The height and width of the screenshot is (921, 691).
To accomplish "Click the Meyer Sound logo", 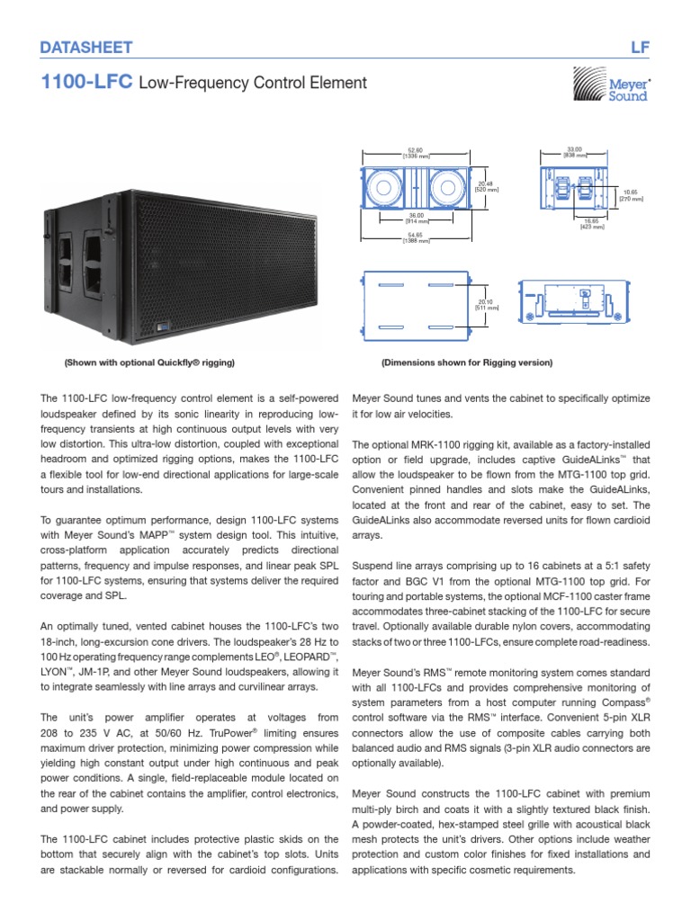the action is click(612, 87).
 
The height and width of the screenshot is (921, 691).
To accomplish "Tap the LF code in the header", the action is click(640, 47).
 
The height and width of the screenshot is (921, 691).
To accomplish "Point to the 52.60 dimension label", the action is click(415, 153).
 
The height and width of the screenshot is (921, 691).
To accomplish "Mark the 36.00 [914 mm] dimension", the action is click(415, 218).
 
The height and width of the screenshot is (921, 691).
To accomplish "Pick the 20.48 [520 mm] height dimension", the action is click(486, 186).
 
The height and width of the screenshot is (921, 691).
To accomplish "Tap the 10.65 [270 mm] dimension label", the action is click(632, 194).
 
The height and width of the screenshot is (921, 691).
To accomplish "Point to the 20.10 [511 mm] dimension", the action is click(485, 304).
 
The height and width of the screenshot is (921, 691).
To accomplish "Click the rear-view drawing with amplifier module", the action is click(574, 302).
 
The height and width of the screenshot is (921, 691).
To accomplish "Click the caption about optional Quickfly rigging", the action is click(148, 362).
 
